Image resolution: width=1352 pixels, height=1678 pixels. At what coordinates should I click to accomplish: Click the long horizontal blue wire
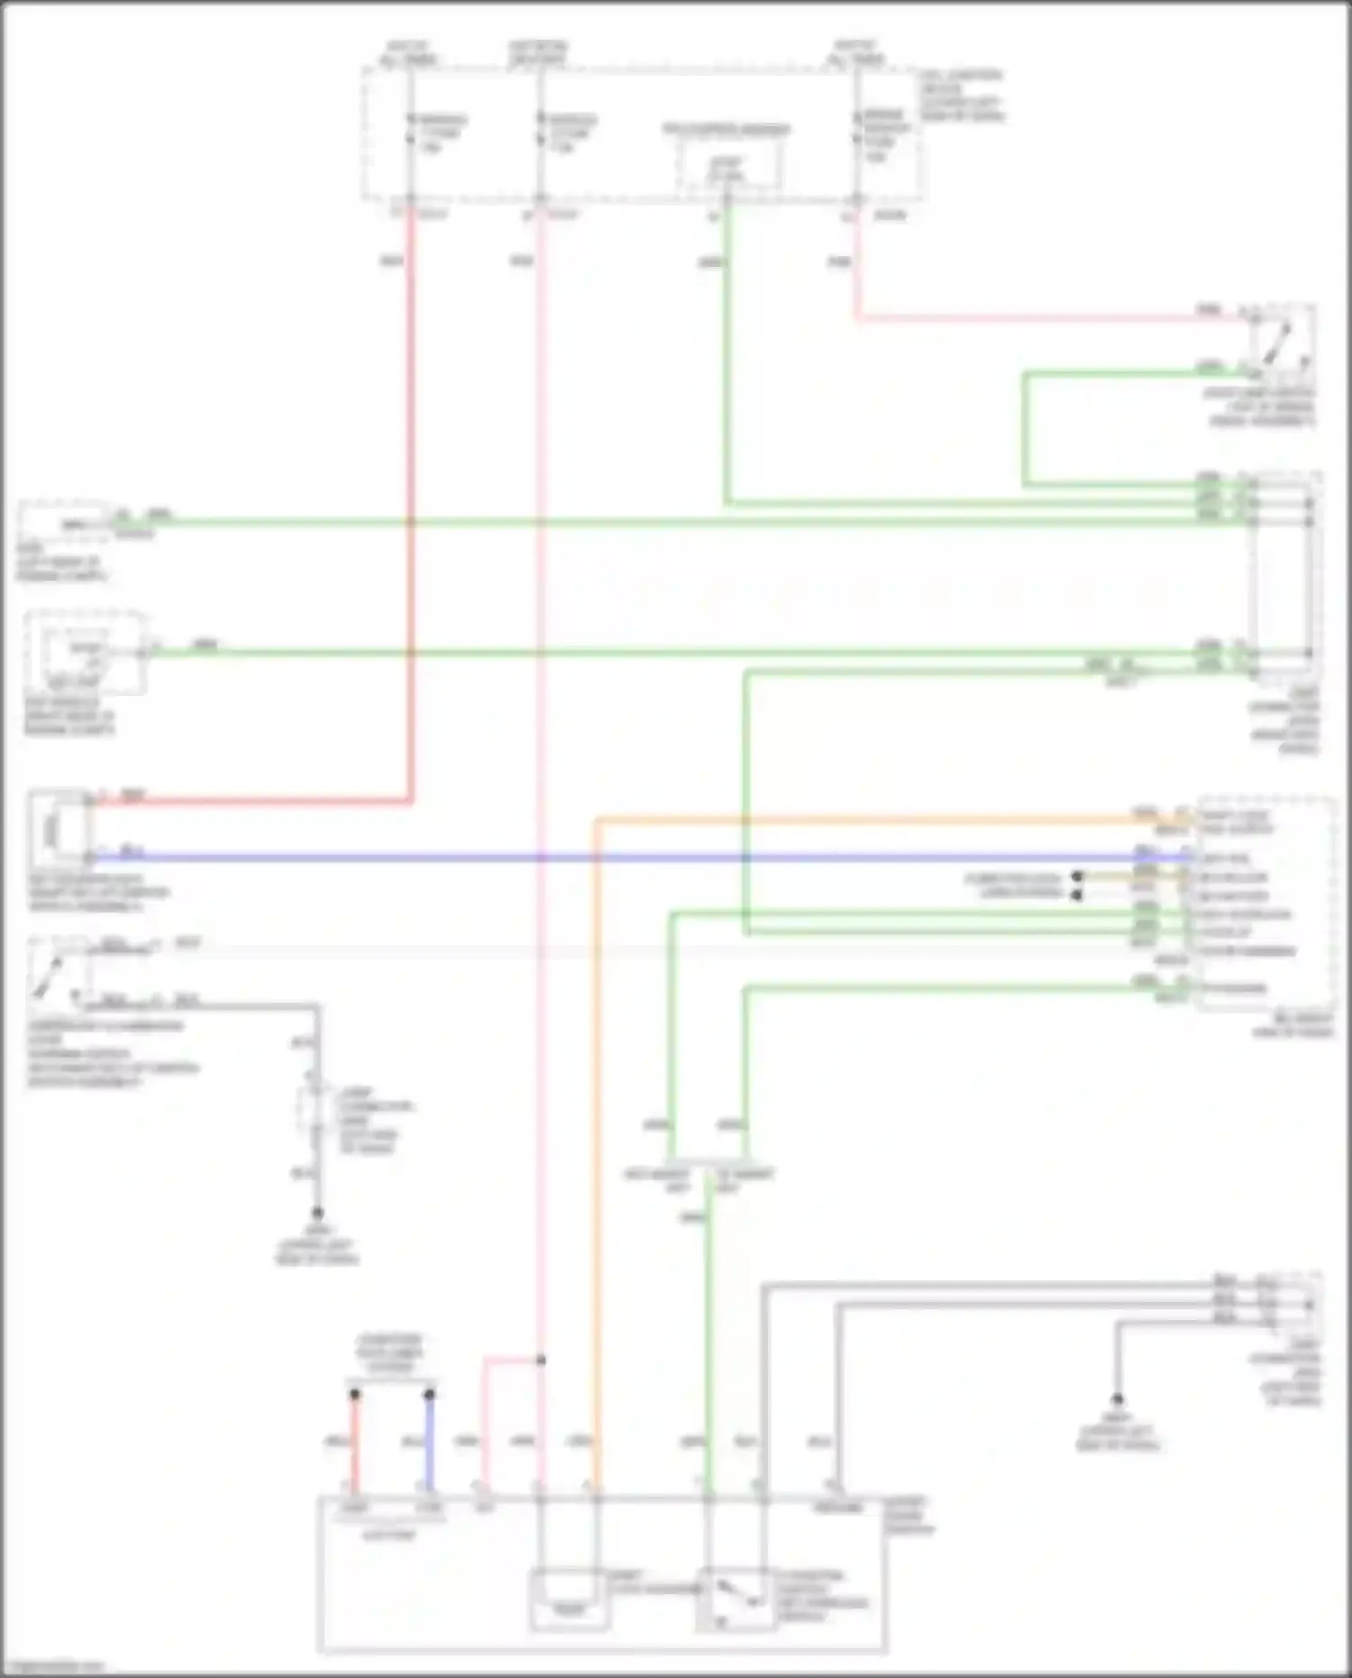631,857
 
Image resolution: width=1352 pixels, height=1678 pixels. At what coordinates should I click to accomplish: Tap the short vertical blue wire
429,1443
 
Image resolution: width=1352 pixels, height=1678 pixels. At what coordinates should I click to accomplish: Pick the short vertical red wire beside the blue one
355,1443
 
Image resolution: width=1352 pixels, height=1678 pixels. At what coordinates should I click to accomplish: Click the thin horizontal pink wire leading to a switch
1037,317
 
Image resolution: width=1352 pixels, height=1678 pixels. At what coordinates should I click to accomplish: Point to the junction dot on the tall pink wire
541,1360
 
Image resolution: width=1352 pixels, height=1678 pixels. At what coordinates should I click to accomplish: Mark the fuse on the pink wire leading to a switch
856,135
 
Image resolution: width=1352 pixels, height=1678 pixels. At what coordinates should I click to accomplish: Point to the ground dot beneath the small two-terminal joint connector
317,1214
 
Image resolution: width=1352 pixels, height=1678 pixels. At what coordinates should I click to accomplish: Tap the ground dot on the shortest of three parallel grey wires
1117,1399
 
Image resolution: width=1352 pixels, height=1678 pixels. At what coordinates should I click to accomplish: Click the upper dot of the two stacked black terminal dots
1076,876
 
